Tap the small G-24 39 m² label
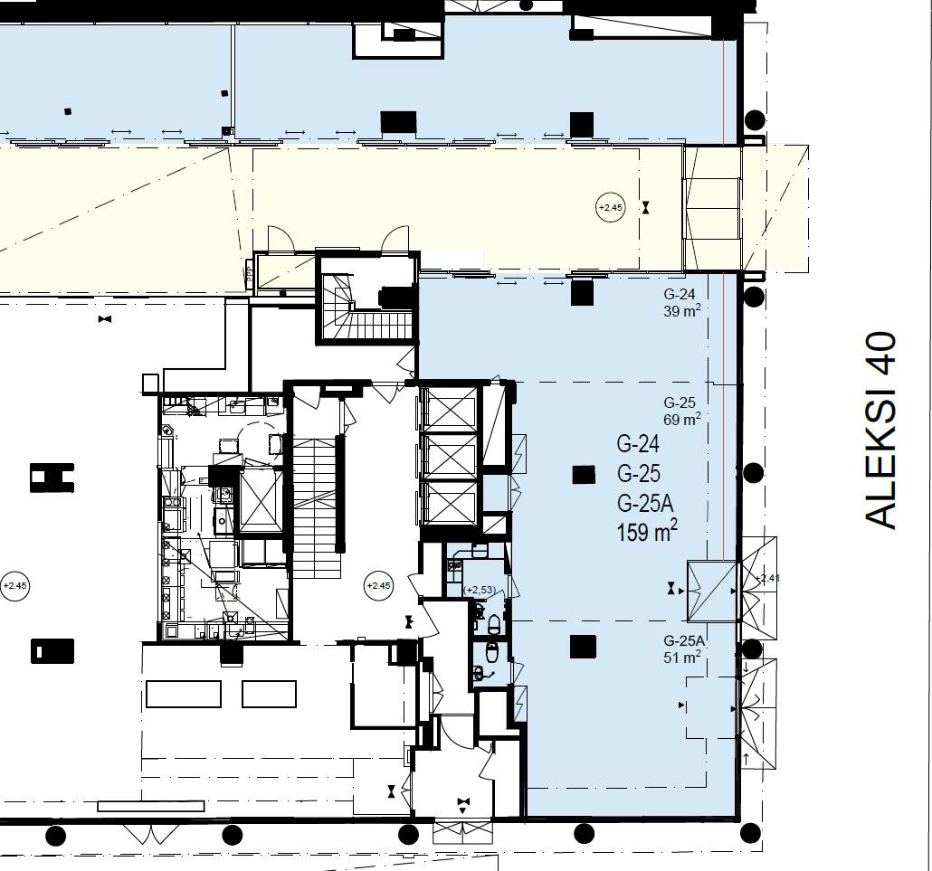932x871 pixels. pos(681,302)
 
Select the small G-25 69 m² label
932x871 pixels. pos(681,412)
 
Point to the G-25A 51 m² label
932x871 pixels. pos(683,649)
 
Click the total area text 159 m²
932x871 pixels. pos(647,531)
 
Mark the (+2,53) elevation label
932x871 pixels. pos(480,590)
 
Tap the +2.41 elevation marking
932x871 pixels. pos(766,577)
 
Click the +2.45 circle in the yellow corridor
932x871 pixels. pos(611,207)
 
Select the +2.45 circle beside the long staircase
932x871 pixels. pos(378,586)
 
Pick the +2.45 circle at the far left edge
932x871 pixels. pos(14,586)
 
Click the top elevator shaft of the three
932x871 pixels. pos(449,410)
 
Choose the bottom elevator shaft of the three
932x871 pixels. pos(449,504)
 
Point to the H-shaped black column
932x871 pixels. pos(52,478)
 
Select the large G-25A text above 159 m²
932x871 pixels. pos(645,503)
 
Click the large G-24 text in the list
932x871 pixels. pos(638,443)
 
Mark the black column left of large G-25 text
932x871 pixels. pos(584,474)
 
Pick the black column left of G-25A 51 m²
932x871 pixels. pos(583,647)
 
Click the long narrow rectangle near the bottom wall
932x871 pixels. pos(151,806)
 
